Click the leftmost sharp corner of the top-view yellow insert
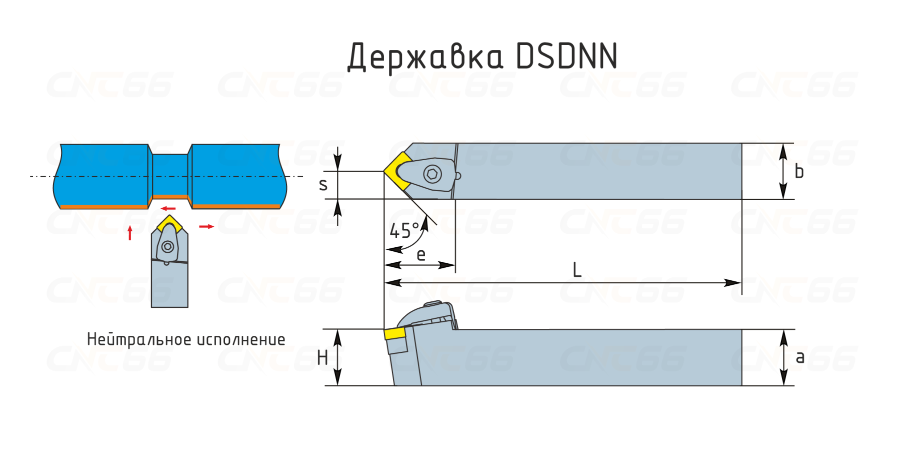(384, 171)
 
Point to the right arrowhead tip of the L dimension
(741, 283)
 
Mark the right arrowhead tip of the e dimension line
(455, 265)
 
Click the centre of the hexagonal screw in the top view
(432, 174)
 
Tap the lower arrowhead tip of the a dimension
(784, 385)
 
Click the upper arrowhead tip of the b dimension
(783, 144)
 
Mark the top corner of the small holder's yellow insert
(169, 215)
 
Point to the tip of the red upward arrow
(130, 226)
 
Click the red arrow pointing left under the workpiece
(168, 209)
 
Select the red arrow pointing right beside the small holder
(206, 227)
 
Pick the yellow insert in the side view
(394, 334)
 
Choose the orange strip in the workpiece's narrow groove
(170, 197)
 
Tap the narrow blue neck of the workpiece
(170, 175)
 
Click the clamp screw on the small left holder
(168, 246)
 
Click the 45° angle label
(404, 231)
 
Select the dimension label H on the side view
(322, 358)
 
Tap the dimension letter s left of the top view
(323, 185)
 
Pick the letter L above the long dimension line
(577, 270)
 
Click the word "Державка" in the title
(425, 56)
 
